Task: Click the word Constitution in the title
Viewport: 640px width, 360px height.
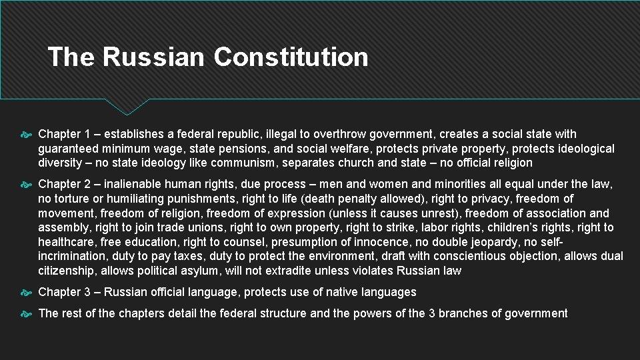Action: (291, 57)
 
